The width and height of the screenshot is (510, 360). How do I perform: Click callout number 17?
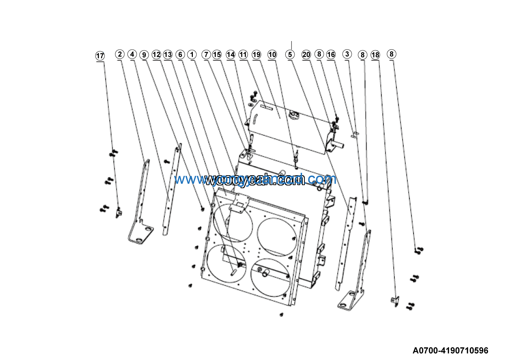pos(100,56)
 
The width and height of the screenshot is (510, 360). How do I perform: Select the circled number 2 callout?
pos(120,54)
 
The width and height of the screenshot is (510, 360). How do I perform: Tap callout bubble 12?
pos(156,55)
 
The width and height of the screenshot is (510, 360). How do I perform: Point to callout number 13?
pos(167,55)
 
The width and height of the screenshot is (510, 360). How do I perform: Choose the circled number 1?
pos(192,54)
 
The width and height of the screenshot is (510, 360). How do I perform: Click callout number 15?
pos(217,55)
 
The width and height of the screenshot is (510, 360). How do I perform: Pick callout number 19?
pos(256,55)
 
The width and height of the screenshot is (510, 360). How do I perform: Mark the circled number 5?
pos(290,55)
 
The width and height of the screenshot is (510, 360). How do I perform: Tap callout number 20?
pos(306,55)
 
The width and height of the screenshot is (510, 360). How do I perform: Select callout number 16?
pos(331,55)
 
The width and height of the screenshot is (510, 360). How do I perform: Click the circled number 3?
pos(347,54)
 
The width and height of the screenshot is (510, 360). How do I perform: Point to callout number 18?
pos(375,55)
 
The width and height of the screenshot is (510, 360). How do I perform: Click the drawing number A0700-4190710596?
pos(450,350)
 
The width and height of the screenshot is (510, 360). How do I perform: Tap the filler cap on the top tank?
pos(294,115)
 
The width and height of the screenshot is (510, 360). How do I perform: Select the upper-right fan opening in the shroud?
pos(277,237)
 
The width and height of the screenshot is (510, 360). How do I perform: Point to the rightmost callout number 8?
pos(391,54)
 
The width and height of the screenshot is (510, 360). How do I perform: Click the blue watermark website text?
pos(255,179)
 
